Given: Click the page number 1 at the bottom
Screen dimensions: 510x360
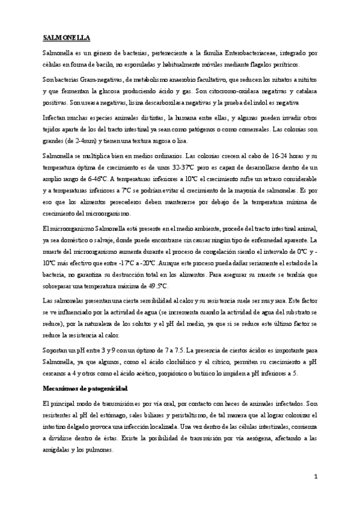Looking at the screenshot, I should (315, 477).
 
